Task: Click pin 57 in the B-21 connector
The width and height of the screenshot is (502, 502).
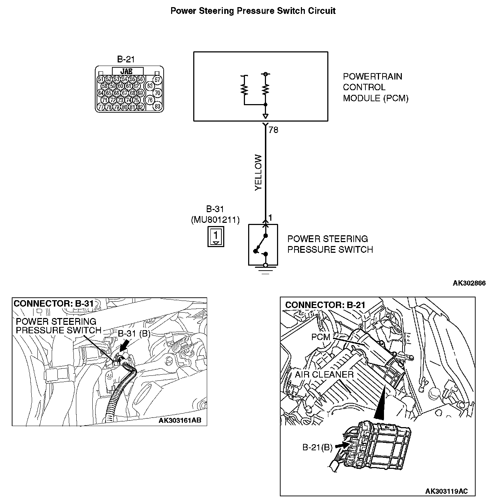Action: coord(157,80)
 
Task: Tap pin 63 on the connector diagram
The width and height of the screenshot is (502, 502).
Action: coord(150,86)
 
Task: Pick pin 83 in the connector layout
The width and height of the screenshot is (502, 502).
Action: coord(157,107)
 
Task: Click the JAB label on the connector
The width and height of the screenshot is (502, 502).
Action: coord(127,71)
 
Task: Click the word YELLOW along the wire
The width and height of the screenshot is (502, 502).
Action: coord(258,172)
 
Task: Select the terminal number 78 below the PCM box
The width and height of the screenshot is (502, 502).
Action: coord(273,130)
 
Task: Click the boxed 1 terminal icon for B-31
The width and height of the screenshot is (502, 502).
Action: coord(216,236)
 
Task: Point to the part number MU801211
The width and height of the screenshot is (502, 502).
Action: coord(215,220)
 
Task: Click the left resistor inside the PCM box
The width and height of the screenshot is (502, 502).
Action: coord(245,89)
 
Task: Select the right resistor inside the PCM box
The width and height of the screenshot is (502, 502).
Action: coord(265,89)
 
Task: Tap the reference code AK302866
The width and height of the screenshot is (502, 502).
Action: coord(469,283)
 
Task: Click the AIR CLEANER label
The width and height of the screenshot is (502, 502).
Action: coord(324,375)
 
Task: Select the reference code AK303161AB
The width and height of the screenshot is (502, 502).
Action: coord(180,420)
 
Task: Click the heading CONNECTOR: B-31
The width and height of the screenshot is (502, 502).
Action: coord(53,304)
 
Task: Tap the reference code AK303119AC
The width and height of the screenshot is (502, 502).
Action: coord(446,491)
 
